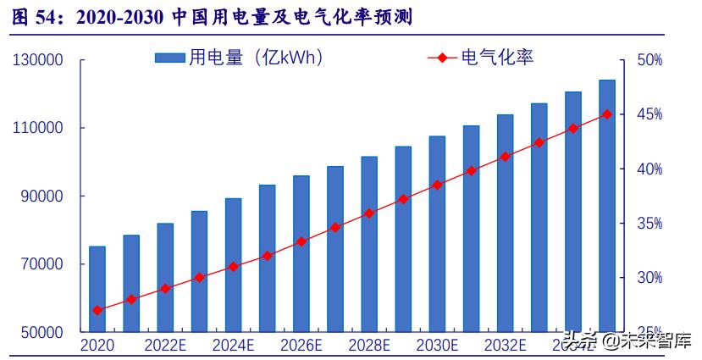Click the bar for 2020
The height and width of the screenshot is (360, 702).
click(97, 289)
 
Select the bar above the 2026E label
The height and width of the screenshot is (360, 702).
click(301, 253)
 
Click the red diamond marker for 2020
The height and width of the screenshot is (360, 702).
click(97, 310)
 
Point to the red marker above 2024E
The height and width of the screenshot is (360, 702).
click(233, 266)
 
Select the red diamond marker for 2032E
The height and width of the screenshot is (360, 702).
click(506, 157)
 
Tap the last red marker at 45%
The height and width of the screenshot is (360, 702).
click(606, 114)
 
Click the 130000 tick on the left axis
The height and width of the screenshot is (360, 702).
click(38, 61)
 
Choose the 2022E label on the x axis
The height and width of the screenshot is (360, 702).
click(165, 346)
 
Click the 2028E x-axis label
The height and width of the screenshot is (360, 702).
click(369, 346)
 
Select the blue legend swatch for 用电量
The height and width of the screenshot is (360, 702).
click(169, 58)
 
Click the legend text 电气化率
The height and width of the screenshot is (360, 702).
click(497, 58)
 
